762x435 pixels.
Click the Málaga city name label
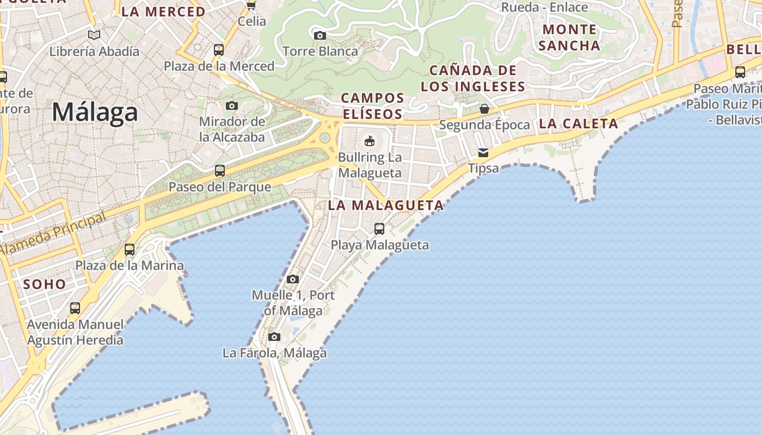(95, 113)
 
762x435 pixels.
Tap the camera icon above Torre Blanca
(320, 36)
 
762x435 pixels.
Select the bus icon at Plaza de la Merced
(219, 50)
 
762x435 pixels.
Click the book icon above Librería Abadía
(94, 35)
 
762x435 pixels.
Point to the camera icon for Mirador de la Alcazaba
(232, 105)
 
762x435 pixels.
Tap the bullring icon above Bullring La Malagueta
(370, 141)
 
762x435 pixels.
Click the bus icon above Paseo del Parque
(220, 171)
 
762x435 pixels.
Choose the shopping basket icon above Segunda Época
(484, 109)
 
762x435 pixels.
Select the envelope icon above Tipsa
(483, 153)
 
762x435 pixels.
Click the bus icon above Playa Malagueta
(379, 229)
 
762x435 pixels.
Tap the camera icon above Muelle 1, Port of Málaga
(293, 279)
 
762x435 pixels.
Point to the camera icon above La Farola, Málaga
(274, 337)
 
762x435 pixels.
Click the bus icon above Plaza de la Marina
(130, 250)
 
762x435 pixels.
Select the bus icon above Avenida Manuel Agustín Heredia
(75, 308)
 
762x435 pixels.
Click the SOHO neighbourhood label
(44, 284)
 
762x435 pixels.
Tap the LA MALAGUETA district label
(386, 206)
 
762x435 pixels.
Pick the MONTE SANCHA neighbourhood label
(569, 37)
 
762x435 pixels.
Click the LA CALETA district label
(579, 123)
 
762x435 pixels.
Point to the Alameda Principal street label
(53, 234)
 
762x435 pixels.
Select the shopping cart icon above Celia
(251, 5)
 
